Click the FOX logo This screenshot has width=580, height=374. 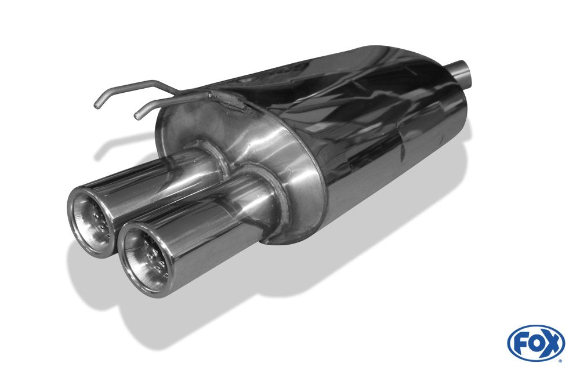point(536,343)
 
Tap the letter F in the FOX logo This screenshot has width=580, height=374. point(520,343)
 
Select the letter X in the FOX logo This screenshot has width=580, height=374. point(552,343)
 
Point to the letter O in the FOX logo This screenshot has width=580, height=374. point(535,343)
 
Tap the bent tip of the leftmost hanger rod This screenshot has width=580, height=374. point(97,105)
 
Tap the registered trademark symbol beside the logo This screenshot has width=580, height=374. point(561,360)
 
